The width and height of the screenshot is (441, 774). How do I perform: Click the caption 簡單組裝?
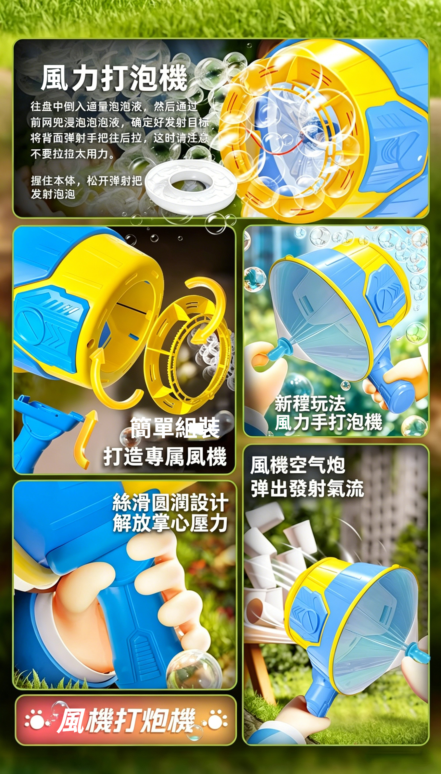[175, 427]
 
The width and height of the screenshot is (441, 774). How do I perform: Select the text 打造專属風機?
[165, 457]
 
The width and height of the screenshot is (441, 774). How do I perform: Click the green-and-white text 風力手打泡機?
[328, 422]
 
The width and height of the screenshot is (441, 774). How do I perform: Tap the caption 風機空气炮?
[297, 465]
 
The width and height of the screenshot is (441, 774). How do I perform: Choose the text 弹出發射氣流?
[307, 488]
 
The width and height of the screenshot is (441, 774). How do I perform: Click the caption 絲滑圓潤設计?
[170, 502]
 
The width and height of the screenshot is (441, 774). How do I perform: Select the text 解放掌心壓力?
[170, 523]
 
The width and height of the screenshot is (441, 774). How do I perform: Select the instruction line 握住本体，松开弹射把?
[86, 181]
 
